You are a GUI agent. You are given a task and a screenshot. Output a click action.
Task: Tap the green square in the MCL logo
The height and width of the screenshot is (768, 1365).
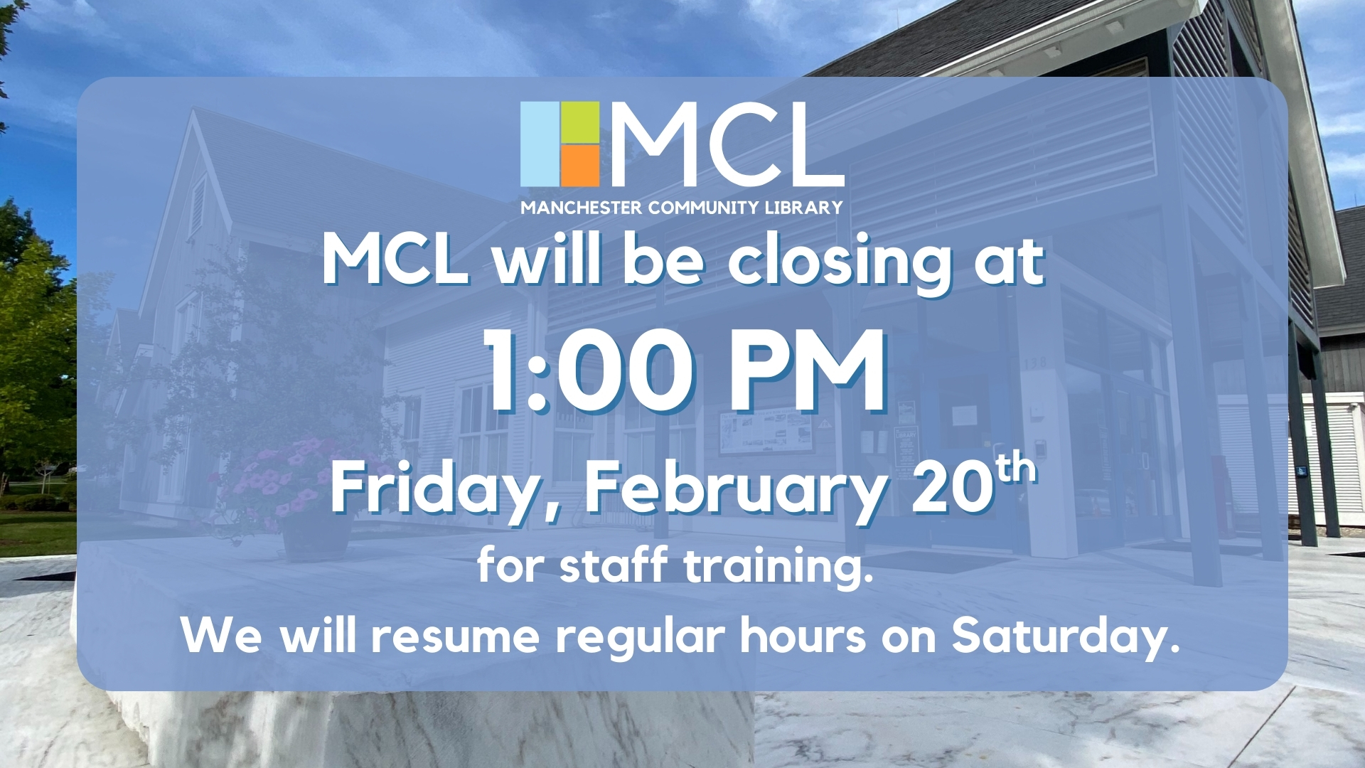coord(580,122)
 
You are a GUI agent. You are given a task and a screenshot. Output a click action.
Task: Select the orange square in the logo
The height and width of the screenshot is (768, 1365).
coord(580,166)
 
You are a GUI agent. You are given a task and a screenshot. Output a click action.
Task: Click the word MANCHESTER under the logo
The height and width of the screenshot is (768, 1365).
coord(582,208)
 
